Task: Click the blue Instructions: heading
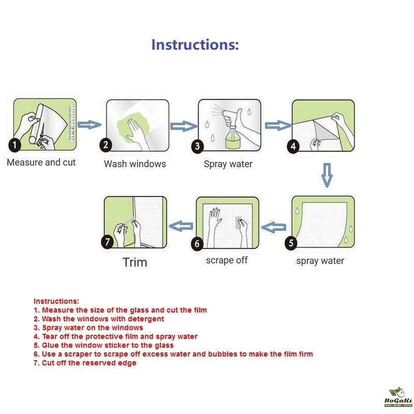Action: point(195,45)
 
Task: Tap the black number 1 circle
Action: point(14,145)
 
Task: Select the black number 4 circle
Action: point(293,146)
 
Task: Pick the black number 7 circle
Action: point(107,242)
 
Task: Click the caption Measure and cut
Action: point(41,162)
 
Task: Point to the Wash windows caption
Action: point(135,164)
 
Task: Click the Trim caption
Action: point(135,262)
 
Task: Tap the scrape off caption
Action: point(227,260)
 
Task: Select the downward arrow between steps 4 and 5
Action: point(327,175)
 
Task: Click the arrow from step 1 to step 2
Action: point(90,125)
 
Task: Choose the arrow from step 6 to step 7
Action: point(181,226)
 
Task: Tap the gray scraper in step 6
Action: point(239,223)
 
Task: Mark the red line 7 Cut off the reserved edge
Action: point(85,363)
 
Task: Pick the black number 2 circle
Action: point(106,145)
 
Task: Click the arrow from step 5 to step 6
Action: point(274,227)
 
